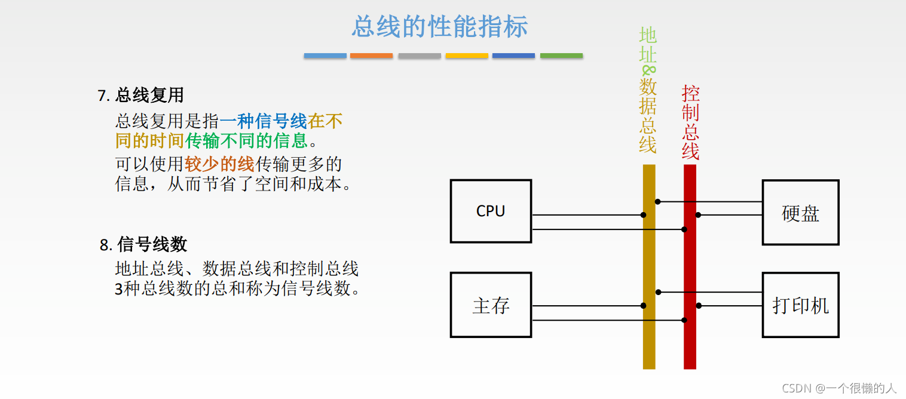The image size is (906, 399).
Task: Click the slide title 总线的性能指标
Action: (439, 27)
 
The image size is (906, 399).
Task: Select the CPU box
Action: (491, 211)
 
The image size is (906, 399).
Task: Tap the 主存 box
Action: (491, 305)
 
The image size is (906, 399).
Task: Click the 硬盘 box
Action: (800, 213)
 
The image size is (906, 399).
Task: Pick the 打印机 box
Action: (800, 305)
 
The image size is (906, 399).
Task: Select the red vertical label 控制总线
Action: (690, 122)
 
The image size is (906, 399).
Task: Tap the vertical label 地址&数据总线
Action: (648, 90)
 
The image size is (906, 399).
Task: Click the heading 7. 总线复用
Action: (140, 95)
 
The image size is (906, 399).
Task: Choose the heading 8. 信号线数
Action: (143, 244)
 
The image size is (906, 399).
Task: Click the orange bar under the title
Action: (371, 56)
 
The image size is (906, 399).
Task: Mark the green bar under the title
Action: (561, 56)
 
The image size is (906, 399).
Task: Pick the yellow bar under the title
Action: (466, 56)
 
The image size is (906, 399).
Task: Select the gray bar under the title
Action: (419, 56)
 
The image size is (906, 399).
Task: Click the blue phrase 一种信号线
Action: (263, 122)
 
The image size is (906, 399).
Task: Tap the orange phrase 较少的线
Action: (219, 164)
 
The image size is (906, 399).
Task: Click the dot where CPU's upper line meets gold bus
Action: (644, 215)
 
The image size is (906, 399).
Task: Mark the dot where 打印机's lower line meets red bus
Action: (699, 306)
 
